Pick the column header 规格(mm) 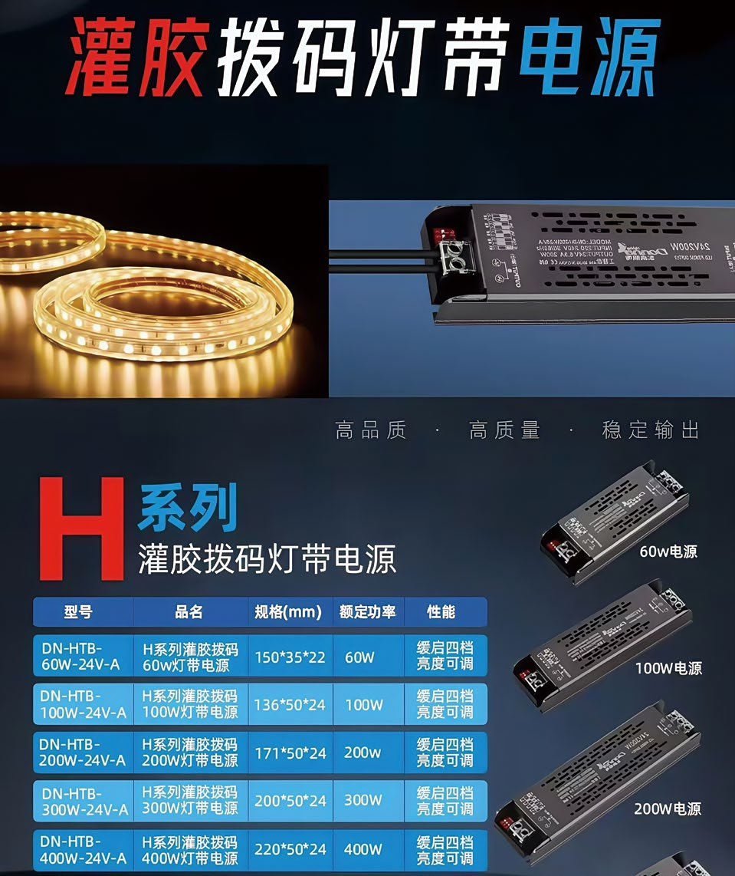point(288,612)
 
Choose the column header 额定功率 point(367,612)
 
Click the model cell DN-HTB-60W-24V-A point(81,657)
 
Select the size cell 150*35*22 point(290,657)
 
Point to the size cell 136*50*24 point(290,704)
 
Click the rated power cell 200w point(363,753)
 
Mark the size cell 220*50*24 point(290,849)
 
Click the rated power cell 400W point(363,849)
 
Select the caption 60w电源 point(668,552)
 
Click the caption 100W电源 point(668,668)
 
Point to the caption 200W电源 point(667,808)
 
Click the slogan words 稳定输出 point(650,430)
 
